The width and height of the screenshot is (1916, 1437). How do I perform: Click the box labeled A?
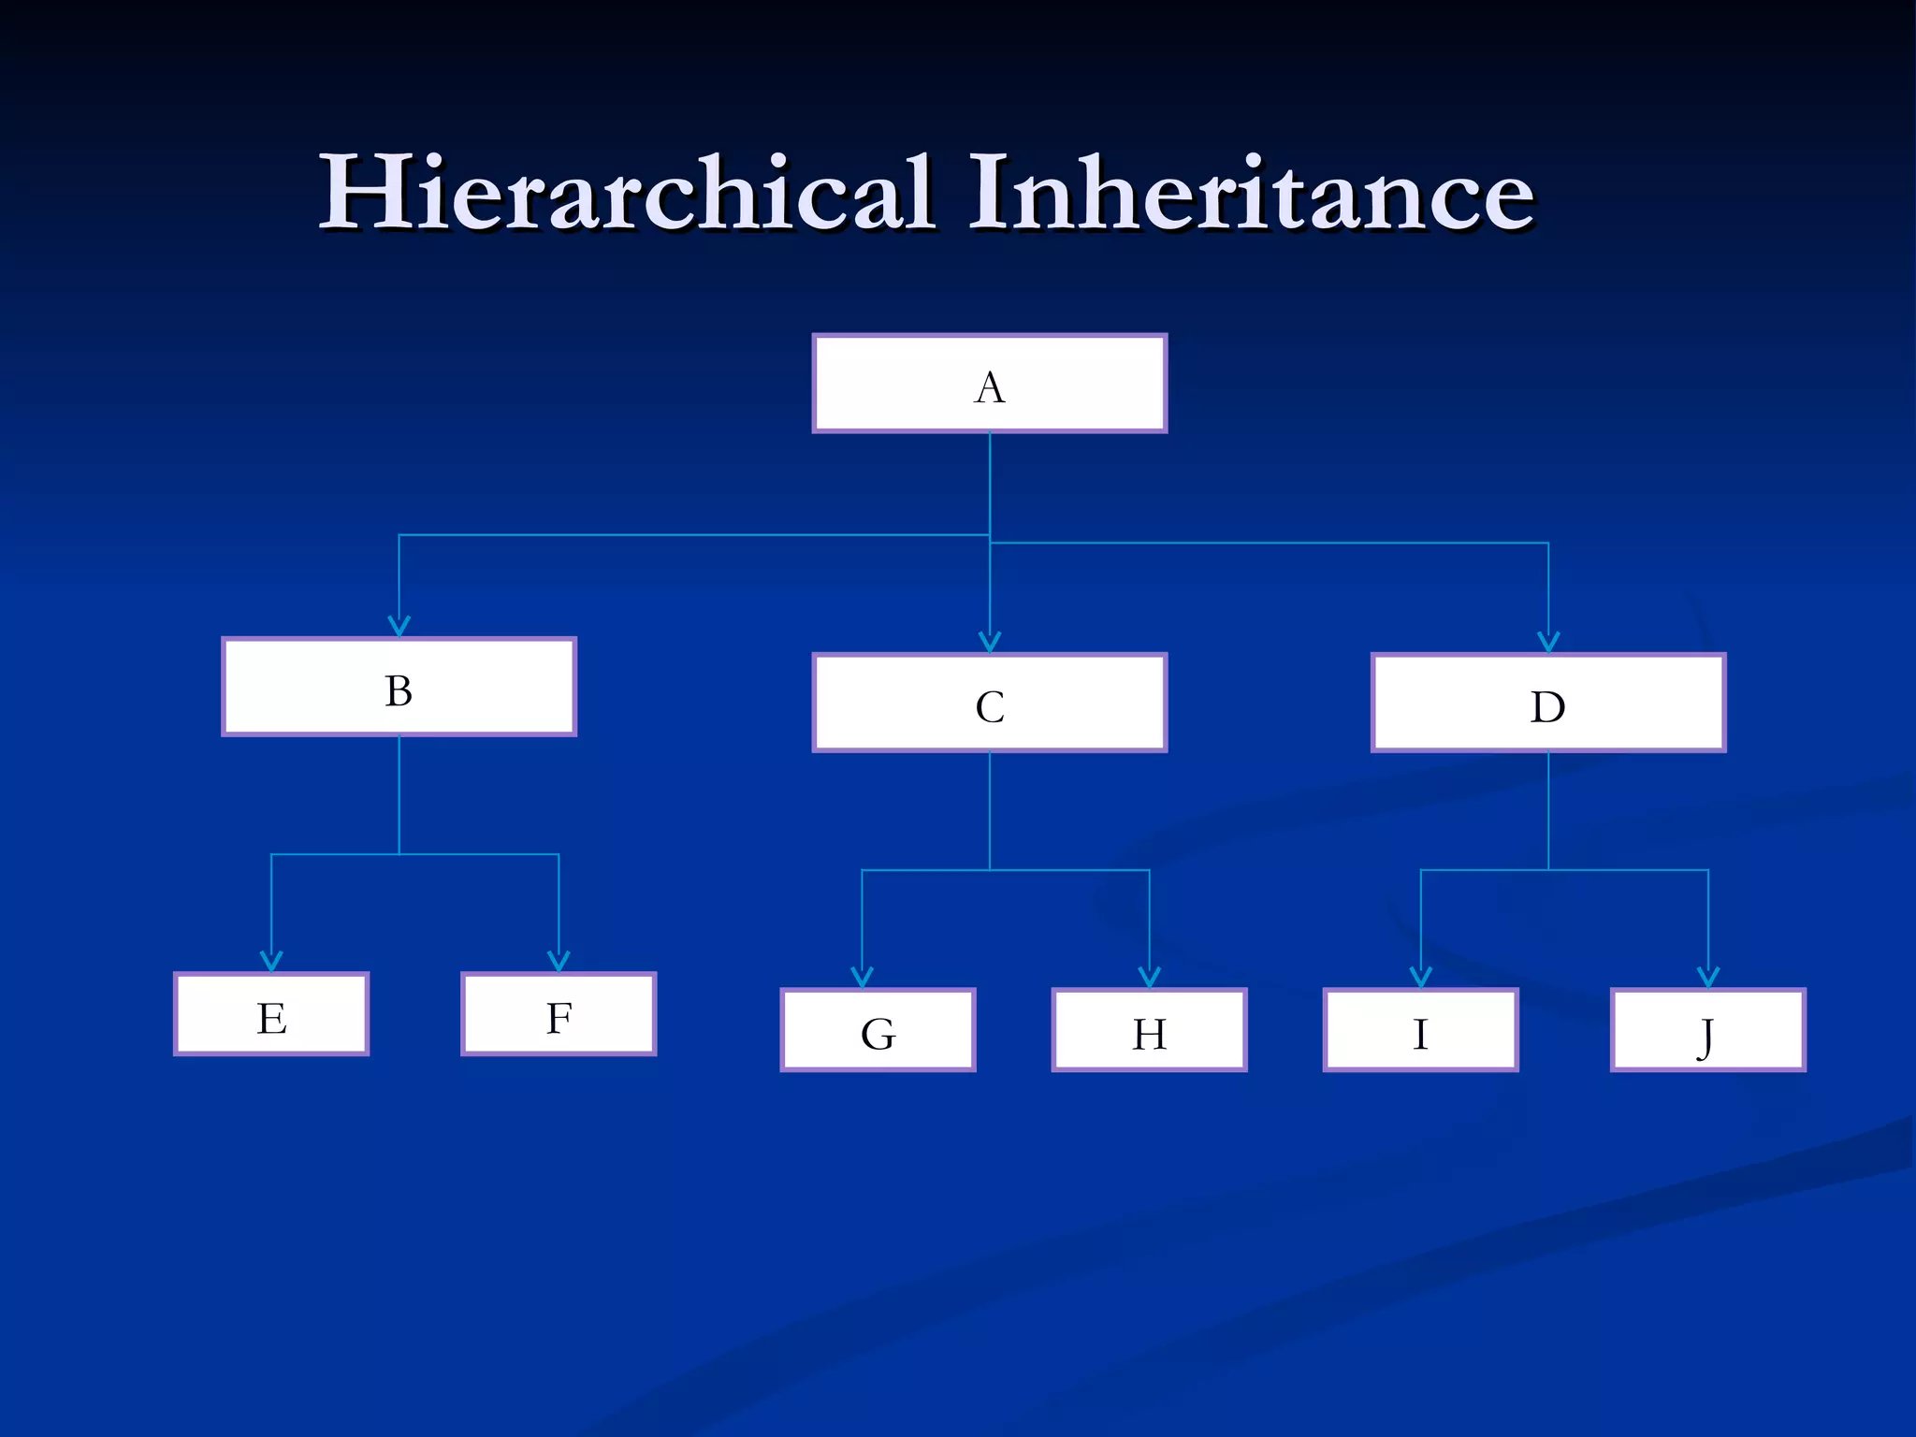(990, 384)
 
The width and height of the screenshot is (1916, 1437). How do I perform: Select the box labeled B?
(399, 688)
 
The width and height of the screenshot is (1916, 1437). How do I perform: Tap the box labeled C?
(990, 704)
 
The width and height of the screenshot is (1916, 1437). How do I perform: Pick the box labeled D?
(1548, 704)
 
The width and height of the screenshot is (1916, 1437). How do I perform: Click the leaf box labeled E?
(271, 1015)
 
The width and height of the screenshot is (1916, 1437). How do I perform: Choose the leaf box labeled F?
(559, 1015)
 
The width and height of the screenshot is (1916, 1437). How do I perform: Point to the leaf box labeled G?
(878, 1030)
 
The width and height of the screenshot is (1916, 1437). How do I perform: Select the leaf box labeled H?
(1149, 1030)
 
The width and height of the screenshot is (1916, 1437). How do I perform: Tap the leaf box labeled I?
(1420, 1030)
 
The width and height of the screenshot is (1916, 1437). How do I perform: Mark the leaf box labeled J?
(1708, 1030)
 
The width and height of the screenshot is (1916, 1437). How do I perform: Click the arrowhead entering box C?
(990, 643)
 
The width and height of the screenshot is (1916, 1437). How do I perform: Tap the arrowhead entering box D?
(1548, 643)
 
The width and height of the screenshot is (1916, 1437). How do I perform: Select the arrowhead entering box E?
(271, 962)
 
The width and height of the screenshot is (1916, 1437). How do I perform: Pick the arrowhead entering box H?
(1149, 978)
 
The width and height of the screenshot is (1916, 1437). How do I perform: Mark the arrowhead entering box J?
(1708, 978)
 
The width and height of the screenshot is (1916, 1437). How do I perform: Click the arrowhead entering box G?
(862, 978)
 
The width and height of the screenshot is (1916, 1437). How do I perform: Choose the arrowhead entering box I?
(1420, 978)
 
